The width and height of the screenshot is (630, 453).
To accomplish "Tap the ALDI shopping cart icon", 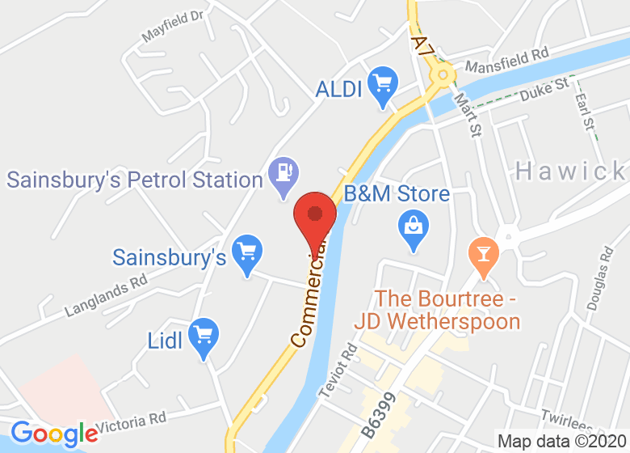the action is click(380, 83).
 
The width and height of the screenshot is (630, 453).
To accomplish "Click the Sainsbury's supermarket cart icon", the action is click(245, 252).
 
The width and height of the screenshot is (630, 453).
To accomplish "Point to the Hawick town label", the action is click(570, 171).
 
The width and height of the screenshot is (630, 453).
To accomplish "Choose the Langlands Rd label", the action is click(105, 297).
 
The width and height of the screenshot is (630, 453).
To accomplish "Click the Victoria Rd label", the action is click(131, 421).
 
